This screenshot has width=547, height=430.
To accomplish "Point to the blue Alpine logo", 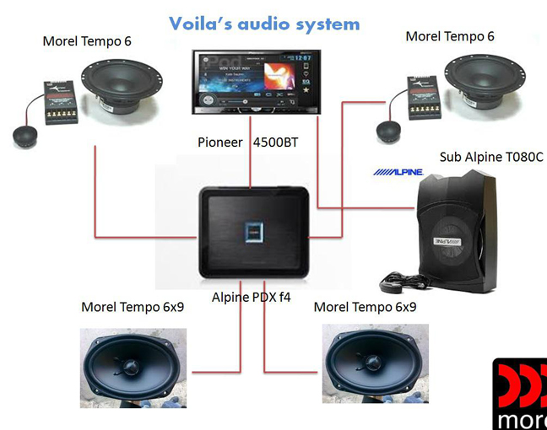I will point(398,172).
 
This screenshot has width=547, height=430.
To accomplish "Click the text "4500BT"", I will point(275,142).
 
